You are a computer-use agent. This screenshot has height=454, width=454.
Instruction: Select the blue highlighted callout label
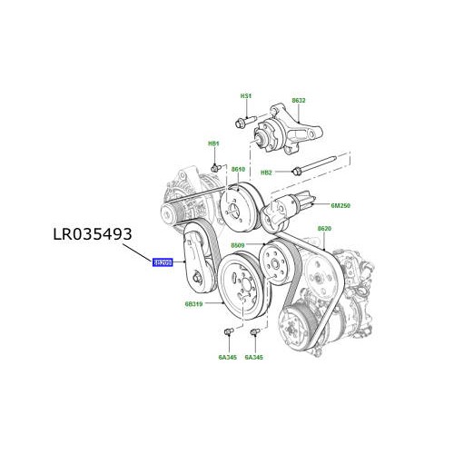click(x=163, y=262)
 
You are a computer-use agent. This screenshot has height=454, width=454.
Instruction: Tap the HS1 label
click(x=246, y=96)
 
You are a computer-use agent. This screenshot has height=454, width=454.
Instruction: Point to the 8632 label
click(x=298, y=101)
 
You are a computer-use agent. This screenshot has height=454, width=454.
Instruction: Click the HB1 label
click(x=214, y=144)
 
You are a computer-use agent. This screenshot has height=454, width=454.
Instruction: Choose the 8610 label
click(x=238, y=170)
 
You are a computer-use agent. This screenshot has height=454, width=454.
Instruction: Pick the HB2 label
click(x=267, y=171)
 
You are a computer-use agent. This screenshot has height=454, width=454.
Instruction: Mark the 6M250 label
click(x=340, y=206)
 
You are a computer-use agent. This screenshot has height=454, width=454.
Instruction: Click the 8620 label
click(x=324, y=231)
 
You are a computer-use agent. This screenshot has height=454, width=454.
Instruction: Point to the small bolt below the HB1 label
click(x=217, y=167)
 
